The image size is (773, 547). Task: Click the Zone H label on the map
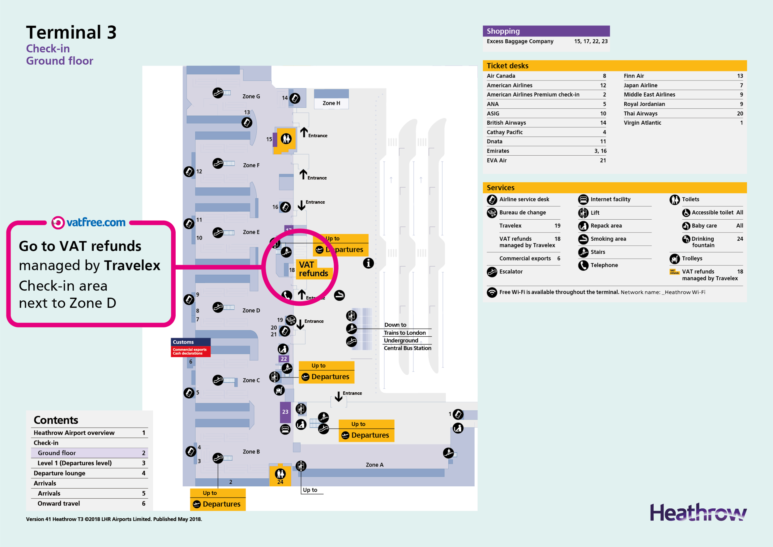(x=331, y=103)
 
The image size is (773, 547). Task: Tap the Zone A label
(x=374, y=465)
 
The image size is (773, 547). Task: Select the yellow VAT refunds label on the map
(x=313, y=269)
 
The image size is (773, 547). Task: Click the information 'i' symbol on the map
(x=368, y=263)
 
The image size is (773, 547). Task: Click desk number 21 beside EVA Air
(x=603, y=161)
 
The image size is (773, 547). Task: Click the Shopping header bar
(x=546, y=31)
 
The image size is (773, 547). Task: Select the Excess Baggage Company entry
(x=520, y=41)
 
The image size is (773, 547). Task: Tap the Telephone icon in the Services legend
(x=583, y=265)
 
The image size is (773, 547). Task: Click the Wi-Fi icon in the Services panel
(x=492, y=292)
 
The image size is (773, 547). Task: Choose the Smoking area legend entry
(x=608, y=239)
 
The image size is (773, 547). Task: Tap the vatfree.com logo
(x=88, y=223)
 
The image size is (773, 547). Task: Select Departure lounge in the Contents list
(x=60, y=473)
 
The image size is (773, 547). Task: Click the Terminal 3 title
(x=71, y=33)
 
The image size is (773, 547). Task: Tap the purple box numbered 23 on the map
(x=285, y=412)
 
